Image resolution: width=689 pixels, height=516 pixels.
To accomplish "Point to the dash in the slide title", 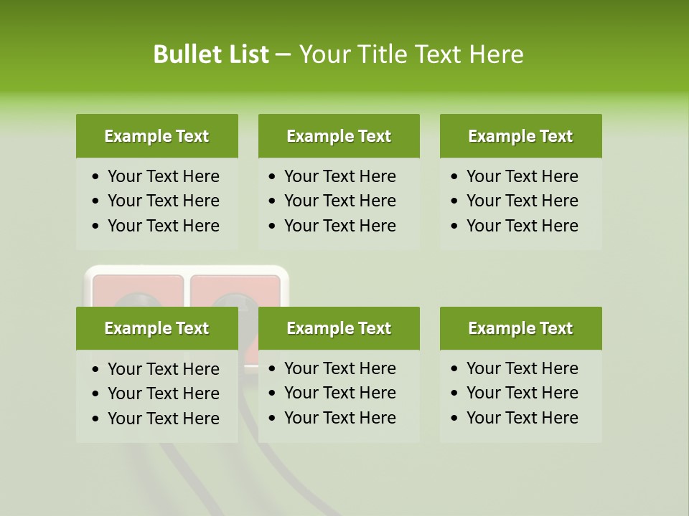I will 283,55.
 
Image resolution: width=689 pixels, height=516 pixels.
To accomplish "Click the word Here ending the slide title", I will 496,54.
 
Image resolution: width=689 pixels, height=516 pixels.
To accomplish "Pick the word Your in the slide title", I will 323,54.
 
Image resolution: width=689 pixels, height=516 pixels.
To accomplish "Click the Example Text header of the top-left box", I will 156,136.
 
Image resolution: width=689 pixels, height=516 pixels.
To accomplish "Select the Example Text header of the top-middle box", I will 339,136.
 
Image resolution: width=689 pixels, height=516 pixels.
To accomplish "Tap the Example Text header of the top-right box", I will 520,136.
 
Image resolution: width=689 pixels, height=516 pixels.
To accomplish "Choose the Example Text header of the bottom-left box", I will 156,328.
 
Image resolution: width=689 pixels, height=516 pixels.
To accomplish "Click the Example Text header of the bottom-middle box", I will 339,328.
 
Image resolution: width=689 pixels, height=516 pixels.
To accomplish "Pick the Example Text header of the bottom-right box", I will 520,328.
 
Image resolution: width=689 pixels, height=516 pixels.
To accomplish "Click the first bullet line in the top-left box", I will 163,176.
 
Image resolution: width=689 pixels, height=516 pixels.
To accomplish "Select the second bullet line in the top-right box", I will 522,201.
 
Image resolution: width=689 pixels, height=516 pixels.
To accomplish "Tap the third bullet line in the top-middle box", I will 339,226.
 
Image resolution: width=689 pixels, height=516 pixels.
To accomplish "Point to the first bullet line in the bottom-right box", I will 522,368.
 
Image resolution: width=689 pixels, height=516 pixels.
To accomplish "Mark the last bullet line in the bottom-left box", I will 163,419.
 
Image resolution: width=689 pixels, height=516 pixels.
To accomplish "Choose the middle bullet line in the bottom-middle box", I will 339,393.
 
